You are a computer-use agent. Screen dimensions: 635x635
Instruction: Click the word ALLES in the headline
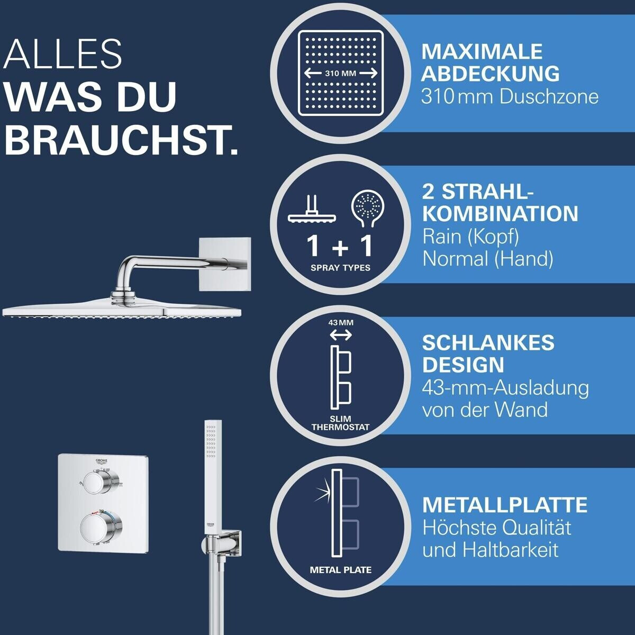point(62,54)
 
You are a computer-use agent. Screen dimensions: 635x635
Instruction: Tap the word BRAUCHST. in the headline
point(121,140)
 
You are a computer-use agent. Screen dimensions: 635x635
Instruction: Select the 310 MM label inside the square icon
point(340,73)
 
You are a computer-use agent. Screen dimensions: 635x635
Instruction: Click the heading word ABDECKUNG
point(490,73)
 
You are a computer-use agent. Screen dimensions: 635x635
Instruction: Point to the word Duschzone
point(549,97)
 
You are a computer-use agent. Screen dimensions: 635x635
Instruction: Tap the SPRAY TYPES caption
point(340,268)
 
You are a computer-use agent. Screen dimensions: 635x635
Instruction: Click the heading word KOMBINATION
point(500,214)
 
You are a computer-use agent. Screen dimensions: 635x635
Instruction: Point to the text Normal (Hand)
point(488,259)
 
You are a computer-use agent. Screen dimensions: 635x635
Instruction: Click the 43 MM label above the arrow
point(341,323)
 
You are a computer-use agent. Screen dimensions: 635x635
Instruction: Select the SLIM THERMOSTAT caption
point(340,423)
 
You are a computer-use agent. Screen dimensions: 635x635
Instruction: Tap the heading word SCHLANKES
point(488,343)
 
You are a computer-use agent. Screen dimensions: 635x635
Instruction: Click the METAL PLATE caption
point(341,570)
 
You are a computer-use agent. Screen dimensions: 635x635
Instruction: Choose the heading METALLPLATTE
point(504,505)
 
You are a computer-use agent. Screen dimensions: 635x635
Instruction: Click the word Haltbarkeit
point(511,550)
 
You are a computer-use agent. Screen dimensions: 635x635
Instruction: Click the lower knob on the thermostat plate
point(101,525)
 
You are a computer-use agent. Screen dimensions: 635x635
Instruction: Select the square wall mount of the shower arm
point(225,264)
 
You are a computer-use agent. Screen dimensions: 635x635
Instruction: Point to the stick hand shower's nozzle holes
point(210,441)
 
